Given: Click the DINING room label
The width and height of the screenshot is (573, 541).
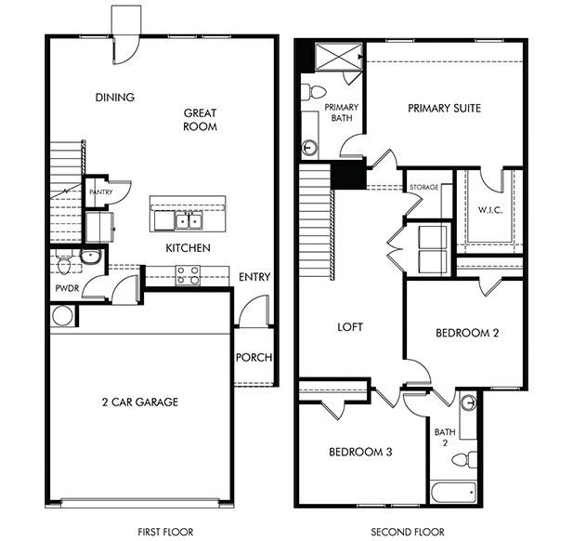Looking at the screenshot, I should click(x=115, y=97).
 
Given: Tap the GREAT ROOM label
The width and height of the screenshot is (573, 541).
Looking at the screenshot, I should click(x=200, y=119).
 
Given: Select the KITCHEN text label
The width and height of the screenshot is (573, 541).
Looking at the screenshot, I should click(x=188, y=248).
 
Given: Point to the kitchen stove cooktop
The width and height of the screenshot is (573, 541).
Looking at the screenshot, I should click(x=188, y=274).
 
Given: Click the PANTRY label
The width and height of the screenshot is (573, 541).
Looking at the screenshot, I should click(x=100, y=192).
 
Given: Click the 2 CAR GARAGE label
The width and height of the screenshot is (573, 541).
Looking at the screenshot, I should click(x=139, y=402).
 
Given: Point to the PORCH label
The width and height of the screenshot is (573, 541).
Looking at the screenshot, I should click(x=253, y=358).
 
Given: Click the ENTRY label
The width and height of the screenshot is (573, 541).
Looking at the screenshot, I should click(x=254, y=277).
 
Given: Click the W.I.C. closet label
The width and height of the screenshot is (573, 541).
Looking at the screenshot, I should click(x=489, y=209).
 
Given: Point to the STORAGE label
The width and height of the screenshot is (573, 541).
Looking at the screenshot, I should click(x=423, y=188).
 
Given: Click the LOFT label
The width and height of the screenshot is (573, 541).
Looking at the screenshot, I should click(x=349, y=327).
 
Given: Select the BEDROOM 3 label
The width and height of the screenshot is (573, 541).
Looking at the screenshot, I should click(x=359, y=452).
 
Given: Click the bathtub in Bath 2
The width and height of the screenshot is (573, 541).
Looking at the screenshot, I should click(x=454, y=491).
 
